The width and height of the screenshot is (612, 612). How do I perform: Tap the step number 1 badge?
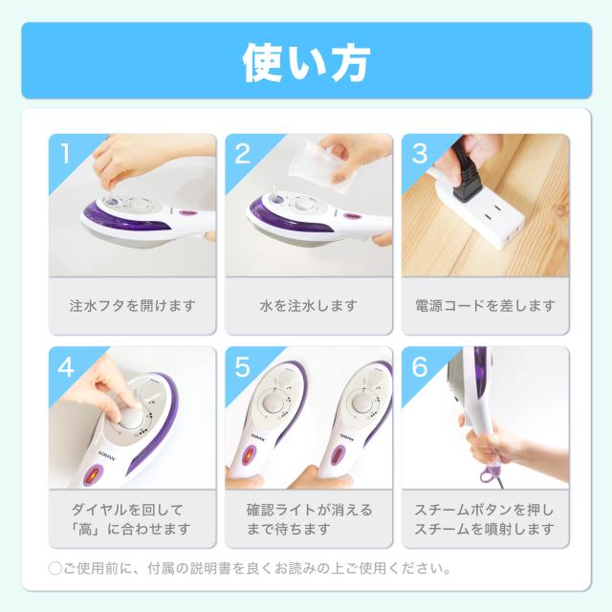65,153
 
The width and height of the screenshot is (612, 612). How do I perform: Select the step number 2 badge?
241,153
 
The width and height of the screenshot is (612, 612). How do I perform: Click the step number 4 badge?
65,366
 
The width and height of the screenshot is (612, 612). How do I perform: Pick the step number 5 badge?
241,366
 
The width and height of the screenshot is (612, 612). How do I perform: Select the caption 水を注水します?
309,306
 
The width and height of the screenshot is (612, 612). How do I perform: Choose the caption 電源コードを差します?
485,306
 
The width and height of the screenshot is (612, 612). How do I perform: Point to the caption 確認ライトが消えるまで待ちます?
309,518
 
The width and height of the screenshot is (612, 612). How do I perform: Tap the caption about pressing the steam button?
485,518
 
